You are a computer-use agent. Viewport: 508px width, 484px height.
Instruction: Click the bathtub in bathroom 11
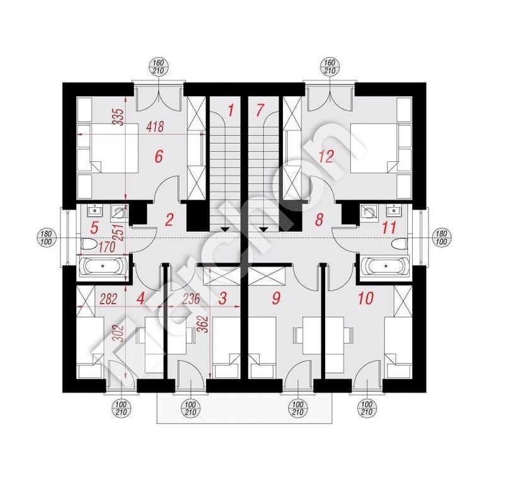click(x=383, y=267)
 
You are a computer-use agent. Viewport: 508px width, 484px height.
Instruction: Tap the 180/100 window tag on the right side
click(x=441, y=238)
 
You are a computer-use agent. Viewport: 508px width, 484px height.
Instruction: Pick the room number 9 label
click(x=275, y=298)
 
